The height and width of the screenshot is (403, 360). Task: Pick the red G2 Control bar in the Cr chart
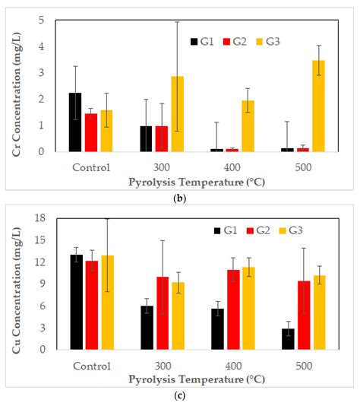click(91, 132)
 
